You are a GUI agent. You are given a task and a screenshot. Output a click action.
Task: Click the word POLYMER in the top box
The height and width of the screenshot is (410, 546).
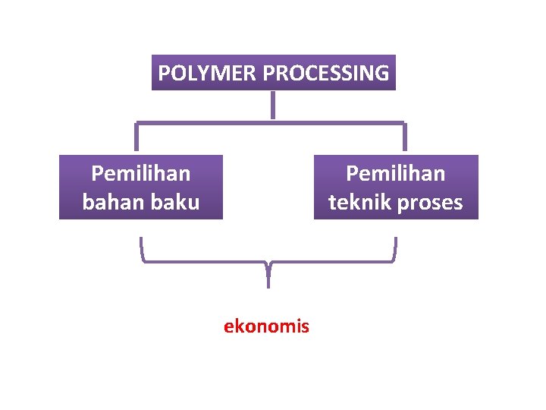coord(207,74)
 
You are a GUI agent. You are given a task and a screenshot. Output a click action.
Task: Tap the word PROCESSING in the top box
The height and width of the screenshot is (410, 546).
coord(326,74)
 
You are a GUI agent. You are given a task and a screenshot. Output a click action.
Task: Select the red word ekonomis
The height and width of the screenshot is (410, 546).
coord(266,326)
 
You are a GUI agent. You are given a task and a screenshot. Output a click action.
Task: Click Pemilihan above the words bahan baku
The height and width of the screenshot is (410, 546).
coord(140,174)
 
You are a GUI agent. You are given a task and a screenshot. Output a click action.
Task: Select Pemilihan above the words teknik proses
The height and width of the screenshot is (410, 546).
coord(396,174)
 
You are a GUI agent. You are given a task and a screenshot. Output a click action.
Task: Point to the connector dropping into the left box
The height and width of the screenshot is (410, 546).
coord(137,137)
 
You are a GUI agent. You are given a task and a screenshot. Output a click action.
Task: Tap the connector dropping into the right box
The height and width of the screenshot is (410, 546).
coord(404,137)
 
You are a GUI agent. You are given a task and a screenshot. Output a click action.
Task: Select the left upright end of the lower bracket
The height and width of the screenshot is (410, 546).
coord(142,248)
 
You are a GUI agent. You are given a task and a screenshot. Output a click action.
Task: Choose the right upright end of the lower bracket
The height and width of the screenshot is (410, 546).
coord(395,248)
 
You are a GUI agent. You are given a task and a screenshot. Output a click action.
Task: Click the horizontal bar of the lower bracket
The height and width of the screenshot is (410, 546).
coord(205,261)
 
